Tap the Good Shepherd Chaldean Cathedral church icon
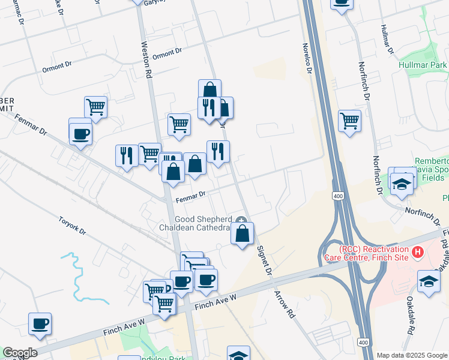241,220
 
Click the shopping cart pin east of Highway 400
349,121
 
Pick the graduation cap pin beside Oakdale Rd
429,281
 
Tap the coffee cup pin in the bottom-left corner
40,324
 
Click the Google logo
19,353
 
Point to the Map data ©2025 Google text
411,355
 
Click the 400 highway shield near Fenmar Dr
337,196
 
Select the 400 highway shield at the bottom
362,341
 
